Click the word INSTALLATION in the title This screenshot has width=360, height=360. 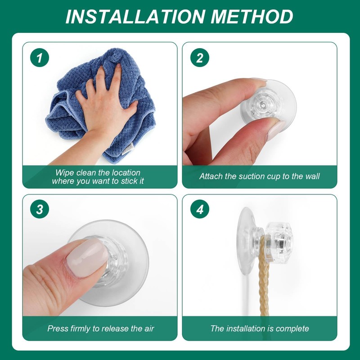(x=135, y=17)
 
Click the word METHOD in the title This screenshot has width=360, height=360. (x=252, y=17)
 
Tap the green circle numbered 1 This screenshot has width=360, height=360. (x=40, y=58)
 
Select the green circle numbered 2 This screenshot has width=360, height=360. (x=200, y=58)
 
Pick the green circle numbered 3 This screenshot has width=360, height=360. (x=40, y=209)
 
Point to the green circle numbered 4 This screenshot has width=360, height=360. (x=200, y=209)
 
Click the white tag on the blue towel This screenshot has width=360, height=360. (x=128, y=149)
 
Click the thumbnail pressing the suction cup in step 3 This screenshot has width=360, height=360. (x=87, y=257)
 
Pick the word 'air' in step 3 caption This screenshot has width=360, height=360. (x=149, y=328)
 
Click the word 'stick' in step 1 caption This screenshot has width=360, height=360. (x=129, y=181)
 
